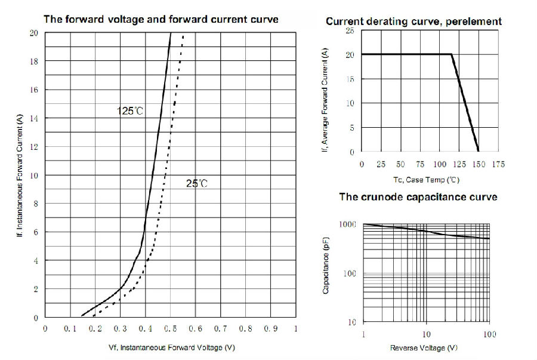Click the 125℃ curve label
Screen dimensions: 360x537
[130, 110]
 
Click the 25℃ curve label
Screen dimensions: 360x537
[196, 184]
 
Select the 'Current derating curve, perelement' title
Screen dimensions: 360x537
[413, 21]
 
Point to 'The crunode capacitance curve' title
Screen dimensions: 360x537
[418, 196]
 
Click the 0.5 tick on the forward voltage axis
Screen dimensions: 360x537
[171, 328]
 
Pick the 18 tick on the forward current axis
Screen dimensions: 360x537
[35, 61]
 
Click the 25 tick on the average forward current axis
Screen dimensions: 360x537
[350, 30]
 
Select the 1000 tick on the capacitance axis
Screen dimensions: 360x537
[348, 224]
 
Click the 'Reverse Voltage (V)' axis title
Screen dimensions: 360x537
[424, 347]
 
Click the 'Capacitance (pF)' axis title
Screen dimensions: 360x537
[327, 272]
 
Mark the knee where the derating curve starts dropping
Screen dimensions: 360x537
[451, 54]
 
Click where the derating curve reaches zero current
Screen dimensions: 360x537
[479, 152]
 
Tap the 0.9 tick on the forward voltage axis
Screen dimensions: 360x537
[271, 328]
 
